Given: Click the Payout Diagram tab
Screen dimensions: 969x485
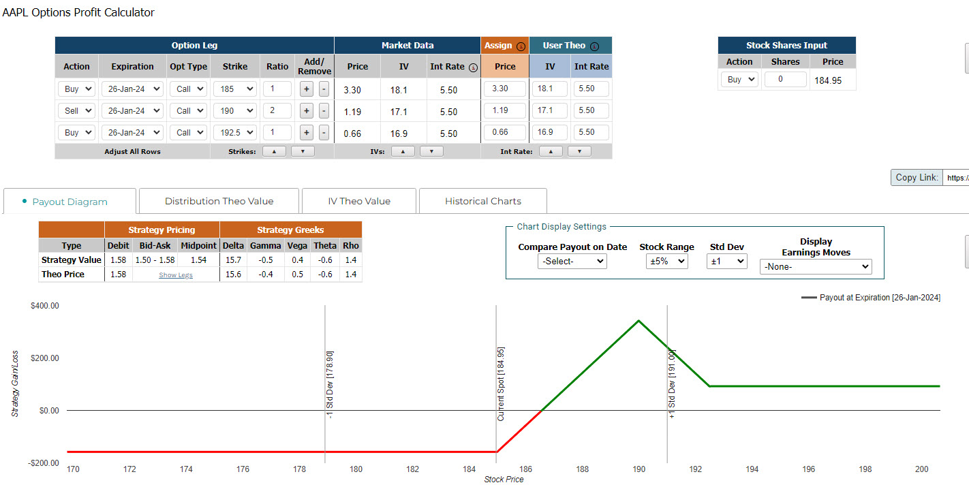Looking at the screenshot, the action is tap(70, 202).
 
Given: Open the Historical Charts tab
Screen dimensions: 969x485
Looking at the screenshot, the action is tap(482, 201).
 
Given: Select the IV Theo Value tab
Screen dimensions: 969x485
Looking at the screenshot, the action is tap(359, 201).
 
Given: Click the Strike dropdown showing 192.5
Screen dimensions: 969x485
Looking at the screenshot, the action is tap(235, 132).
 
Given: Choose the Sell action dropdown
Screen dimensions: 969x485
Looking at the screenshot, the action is tap(76, 110).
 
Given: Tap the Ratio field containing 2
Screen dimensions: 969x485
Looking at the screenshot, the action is tap(277, 110).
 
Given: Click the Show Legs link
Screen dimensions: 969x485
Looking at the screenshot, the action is tap(176, 275).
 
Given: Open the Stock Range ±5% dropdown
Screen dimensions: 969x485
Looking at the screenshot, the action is tap(666, 261).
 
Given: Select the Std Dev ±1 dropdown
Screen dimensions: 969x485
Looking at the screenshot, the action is tap(726, 261).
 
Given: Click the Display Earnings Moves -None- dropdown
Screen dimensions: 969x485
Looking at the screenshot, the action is tap(816, 267).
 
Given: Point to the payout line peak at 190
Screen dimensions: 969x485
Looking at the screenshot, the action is tap(639, 321).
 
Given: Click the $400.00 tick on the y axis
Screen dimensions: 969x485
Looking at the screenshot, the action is tap(44, 306).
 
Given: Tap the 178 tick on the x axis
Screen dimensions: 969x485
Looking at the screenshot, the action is tap(299, 469).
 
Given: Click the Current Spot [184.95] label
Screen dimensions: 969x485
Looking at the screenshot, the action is tap(500, 384).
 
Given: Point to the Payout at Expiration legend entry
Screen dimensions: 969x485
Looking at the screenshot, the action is tap(870, 298).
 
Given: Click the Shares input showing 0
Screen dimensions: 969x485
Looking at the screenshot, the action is tap(785, 80).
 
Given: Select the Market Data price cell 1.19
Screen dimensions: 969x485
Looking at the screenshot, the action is tap(352, 112).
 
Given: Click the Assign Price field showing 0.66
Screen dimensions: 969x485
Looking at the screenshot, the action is tap(504, 132).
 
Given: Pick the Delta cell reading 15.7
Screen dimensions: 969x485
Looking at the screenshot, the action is tap(233, 260).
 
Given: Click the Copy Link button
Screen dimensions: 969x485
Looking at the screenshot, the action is tap(917, 177).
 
